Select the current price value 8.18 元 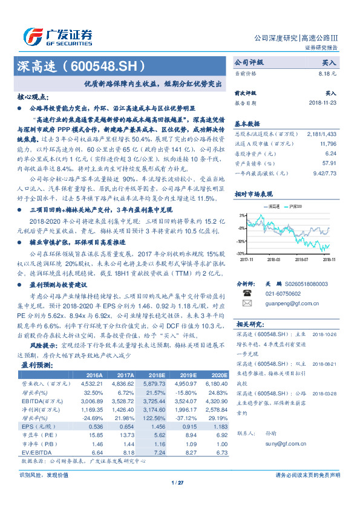pos(327,73)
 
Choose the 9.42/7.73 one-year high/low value pos(325,172)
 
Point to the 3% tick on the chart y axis pos(242,215)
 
